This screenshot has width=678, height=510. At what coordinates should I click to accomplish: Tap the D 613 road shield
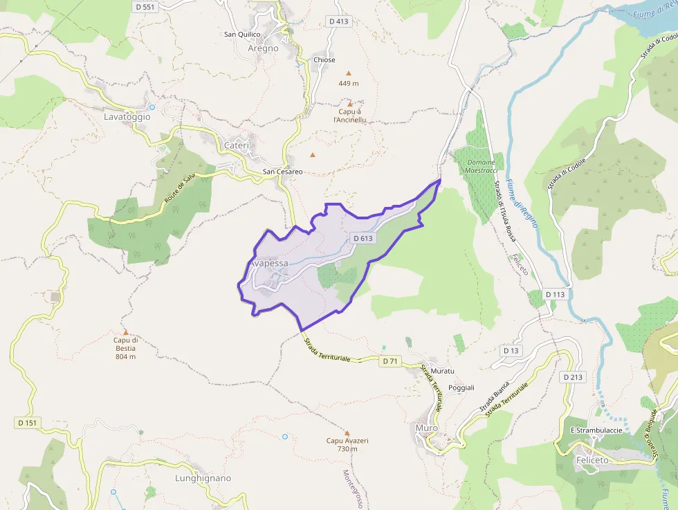[363, 238]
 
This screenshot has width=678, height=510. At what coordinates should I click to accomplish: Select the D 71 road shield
[390, 361]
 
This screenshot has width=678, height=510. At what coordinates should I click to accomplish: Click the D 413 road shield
[339, 21]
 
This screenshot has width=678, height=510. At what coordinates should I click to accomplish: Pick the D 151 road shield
[27, 422]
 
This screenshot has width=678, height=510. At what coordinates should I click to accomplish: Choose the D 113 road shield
[555, 294]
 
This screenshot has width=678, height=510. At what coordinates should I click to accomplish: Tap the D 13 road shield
[511, 351]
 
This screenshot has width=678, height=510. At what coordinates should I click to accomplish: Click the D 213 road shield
[573, 377]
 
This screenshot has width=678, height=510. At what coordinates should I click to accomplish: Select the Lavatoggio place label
[127, 117]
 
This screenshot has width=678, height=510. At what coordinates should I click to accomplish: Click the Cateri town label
[236, 145]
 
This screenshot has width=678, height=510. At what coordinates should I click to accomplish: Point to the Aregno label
[263, 48]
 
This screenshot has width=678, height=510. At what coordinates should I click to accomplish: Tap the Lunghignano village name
[203, 478]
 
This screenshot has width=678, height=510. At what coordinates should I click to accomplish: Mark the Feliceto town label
[592, 460]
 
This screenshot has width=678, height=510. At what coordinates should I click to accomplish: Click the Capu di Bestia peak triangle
[126, 332]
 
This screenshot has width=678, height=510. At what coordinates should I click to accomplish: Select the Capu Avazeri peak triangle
[347, 432]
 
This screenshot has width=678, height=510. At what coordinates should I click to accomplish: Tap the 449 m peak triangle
[349, 73]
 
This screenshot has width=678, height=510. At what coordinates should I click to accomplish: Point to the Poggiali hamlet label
[461, 388]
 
